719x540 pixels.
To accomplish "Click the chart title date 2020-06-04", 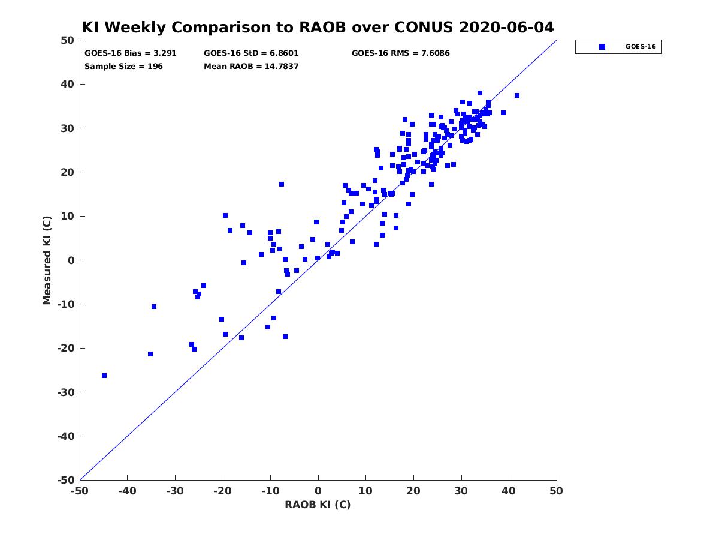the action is (506, 27).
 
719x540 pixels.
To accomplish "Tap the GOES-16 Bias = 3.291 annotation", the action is (131, 53).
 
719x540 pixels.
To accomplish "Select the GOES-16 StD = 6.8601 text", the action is (251, 53).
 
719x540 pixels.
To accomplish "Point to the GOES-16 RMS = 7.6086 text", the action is (400, 53).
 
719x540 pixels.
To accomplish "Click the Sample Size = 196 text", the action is (123, 67).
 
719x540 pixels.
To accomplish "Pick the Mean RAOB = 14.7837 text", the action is (251, 67).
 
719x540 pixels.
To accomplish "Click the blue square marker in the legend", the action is (602, 47).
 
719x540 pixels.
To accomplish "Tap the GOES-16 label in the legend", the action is (641, 47).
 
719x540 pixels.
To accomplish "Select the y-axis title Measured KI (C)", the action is (47, 260).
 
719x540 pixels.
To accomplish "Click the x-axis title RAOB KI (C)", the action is (318, 505).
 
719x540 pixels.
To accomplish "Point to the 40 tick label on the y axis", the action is (68, 84).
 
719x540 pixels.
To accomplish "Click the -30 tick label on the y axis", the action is (66, 392).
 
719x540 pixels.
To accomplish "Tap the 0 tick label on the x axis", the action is (318, 491).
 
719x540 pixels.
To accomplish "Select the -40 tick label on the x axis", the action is (127, 491).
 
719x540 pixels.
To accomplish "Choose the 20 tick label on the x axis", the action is (413, 491).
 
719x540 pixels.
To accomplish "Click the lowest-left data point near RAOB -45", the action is (104, 376).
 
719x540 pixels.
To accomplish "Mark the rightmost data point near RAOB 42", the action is (517, 95).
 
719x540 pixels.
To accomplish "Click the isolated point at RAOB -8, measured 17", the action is (282, 184).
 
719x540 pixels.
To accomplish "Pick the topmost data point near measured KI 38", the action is (480, 93).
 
